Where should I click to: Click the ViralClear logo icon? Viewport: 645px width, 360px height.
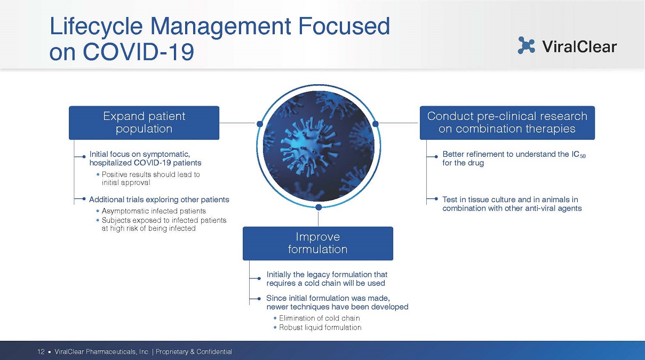point(526,45)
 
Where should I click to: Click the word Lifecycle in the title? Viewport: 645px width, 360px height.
point(96,27)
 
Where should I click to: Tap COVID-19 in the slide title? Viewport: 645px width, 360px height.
point(138,52)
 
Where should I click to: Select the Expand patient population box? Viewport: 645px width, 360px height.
point(144,123)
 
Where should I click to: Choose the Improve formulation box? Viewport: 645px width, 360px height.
point(318,243)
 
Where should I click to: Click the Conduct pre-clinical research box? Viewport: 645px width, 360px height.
point(507,123)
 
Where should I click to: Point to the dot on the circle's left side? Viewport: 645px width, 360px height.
point(260,124)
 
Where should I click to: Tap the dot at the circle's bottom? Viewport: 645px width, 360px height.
point(318,207)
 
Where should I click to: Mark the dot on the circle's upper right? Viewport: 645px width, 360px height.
point(376,124)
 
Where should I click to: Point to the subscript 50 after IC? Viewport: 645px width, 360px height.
point(583,156)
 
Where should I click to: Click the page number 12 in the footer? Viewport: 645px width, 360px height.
point(41,351)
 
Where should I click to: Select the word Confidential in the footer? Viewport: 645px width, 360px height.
point(214,351)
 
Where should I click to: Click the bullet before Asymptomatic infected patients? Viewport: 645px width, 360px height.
point(98,211)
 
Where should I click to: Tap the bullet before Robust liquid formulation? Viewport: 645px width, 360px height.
point(275,327)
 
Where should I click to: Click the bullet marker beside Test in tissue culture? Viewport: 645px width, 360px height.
point(436,198)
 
